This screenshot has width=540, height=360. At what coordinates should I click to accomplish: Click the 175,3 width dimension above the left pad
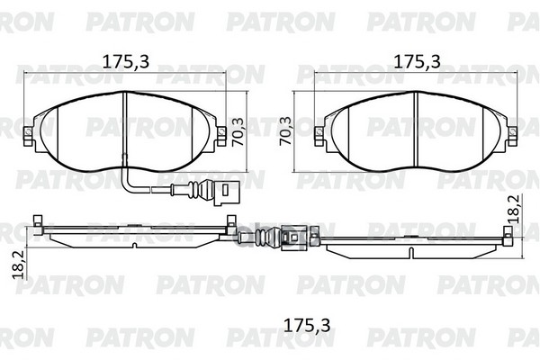126,62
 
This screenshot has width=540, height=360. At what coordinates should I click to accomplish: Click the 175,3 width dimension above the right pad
417,62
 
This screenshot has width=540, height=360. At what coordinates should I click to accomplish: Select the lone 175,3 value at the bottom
307,325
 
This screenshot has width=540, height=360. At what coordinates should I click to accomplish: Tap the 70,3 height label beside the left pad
238,132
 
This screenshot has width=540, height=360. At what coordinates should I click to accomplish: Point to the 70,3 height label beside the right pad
285,131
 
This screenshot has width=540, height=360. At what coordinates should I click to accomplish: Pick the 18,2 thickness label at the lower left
18,265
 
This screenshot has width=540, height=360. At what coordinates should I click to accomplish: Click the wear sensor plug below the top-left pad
223,193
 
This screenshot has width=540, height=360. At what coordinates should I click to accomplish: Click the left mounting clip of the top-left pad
28,135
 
